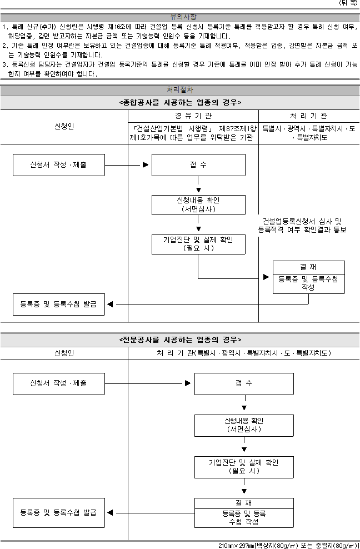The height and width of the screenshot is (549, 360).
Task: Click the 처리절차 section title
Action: pyautogui.click(x=180, y=89)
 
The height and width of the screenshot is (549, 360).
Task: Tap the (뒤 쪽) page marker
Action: pyautogui.click(x=348, y=3)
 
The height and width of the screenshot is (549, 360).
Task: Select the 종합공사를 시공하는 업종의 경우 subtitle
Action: pyautogui.click(x=180, y=103)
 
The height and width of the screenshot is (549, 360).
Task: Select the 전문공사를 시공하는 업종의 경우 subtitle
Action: pyautogui.click(x=180, y=340)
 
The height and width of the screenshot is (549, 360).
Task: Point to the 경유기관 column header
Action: pyautogui.click(x=193, y=116)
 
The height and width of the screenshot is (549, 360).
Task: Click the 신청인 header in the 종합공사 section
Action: pyautogui.click(x=64, y=126)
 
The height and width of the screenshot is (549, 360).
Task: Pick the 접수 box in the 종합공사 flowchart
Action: pyautogui.click(x=198, y=165)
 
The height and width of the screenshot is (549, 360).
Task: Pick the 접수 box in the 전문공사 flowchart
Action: pyautogui.click(x=244, y=384)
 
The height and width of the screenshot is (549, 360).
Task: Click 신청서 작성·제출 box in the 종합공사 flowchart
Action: pyautogui.click(x=59, y=165)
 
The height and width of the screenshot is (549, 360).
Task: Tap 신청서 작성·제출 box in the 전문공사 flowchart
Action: pyautogui.click(x=59, y=384)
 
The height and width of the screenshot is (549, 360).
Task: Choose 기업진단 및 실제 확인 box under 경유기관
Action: pyautogui.click(x=198, y=244)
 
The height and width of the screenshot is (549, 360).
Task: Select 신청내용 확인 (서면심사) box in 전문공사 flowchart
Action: pyautogui.click(x=244, y=426)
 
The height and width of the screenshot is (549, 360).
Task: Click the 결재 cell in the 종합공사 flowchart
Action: pyautogui.click(x=309, y=267)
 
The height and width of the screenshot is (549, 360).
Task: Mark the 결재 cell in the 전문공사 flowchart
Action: pyautogui.click(x=244, y=503)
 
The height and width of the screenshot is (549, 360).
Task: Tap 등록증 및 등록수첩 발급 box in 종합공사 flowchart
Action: pyautogui.click(x=59, y=305)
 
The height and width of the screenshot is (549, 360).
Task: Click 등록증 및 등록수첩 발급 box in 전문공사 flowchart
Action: pyautogui.click(x=59, y=512)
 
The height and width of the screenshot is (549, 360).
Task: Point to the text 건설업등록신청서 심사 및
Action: pyautogui.click(x=302, y=221)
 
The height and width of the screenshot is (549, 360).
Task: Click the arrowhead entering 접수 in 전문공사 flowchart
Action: pyautogui.click(x=188, y=383)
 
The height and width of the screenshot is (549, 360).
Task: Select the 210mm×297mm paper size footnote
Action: pyautogui.click(x=289, y=546)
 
